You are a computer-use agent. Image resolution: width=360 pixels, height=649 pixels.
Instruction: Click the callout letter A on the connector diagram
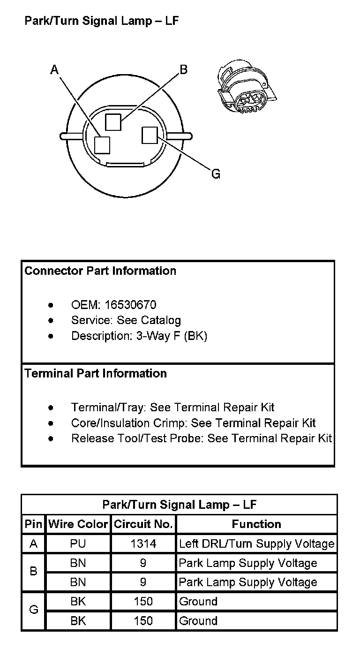pyautogui.click(x=54, y=70)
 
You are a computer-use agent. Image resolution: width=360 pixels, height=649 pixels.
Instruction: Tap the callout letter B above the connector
pyautogui.click(x=183, y=69)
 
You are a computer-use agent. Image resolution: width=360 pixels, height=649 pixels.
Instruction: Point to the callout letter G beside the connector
pyautogui.click(x=216, y=174)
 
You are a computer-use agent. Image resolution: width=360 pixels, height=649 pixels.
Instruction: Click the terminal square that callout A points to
pyautogui.click(x=102, y=144)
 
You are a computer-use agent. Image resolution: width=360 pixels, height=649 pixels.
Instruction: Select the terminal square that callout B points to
pyautogui.click(x=113, y=122)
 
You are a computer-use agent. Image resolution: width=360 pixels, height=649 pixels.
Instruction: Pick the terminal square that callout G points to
pyautogui.click(x=149, y=136)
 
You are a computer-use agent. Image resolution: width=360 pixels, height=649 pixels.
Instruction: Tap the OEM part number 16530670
pyautogui.click(x=130, y=305)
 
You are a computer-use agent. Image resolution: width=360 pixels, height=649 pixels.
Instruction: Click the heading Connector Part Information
pyautogui.click(x=100, y=271)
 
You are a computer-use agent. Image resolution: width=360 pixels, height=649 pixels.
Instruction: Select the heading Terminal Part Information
pyautogui.click(x=96, y=373)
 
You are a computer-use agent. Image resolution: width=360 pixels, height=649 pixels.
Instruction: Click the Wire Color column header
pyautogui.click(x=78, y=524)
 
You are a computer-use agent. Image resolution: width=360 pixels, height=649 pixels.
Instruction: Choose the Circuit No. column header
pyautogui.click(x=143, y=524)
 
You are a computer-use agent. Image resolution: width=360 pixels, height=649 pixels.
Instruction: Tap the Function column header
pyautogui.click(x=256, y=524)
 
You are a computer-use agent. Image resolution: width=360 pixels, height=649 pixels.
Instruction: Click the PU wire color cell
pyautogui.click(x=78, y=543)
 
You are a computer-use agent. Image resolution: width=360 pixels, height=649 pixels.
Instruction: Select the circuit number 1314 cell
pyautogui.click(x=143, y=543)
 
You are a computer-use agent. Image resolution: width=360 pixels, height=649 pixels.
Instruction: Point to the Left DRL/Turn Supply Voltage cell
pyautogui.click(x=256, y=543)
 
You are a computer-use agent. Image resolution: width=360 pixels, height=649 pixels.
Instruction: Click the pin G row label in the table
pyautogui.click(x=33, y=611)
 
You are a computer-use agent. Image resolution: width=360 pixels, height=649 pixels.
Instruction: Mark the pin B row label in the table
pyautogui.click(x=33, y=572)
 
